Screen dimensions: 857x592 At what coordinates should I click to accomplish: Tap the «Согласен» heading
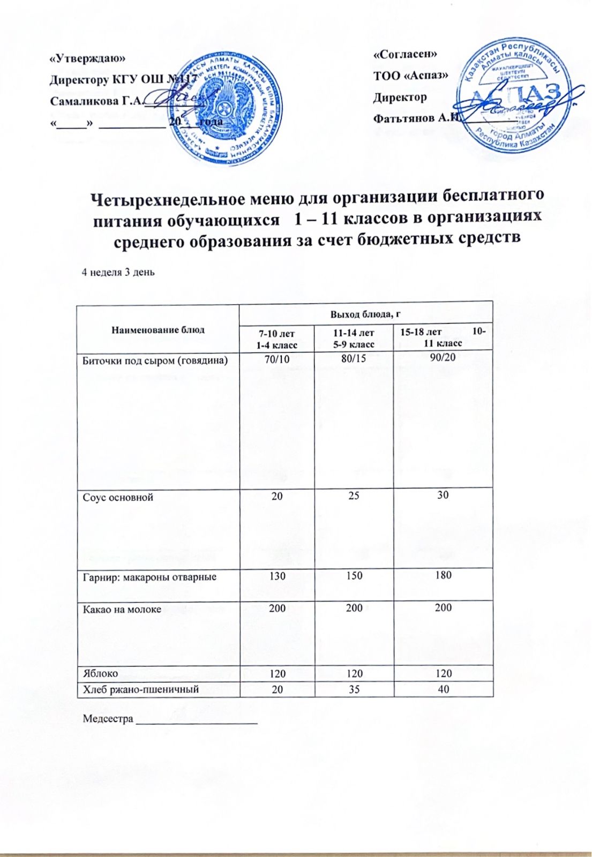click(x=405, y=54)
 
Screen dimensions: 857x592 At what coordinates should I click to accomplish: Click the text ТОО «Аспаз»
click(x=410, y=76)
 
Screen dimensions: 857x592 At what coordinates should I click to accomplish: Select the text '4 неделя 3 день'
click(x=118, y=272)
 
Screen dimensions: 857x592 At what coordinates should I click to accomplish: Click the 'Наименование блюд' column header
click(x=158, y=329)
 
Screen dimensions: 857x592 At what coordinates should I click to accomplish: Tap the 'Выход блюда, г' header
click(x=366, y=314)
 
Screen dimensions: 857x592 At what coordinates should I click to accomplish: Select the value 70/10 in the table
click(x=277, y=358)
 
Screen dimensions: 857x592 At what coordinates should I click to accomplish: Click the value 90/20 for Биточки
click(x=443, y=357)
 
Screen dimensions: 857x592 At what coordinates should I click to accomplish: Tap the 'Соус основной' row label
click(x=118, y=497)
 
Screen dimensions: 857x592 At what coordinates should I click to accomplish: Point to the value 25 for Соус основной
click(x=354, y=495)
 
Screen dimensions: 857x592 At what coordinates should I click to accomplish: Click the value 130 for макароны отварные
click(x=277, y=576)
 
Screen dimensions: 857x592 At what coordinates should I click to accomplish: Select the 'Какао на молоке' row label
click(x=122, y=608)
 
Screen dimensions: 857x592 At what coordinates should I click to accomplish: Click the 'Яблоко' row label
click(x=100, y=673)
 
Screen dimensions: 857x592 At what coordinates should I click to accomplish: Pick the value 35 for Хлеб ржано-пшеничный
click(x=354, y=689)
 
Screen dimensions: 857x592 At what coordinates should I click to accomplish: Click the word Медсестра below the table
click(x=108, y=719)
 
